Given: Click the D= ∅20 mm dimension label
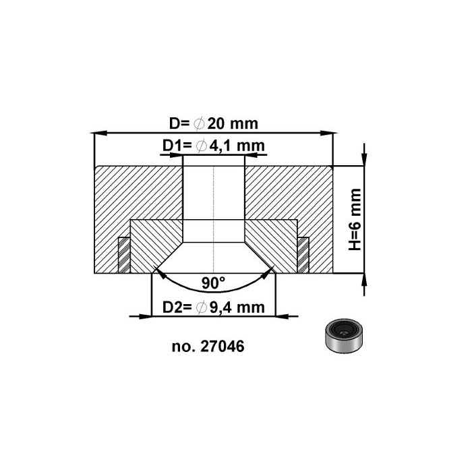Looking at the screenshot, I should pos(214,124).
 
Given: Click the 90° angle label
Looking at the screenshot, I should pos(214,282).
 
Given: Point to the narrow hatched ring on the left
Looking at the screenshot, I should pos(124,255).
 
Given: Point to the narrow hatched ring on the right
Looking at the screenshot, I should pos(303,255).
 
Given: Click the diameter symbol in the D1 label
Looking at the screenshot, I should pos(200,146).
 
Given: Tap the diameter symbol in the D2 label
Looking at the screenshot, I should pos(200,308).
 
